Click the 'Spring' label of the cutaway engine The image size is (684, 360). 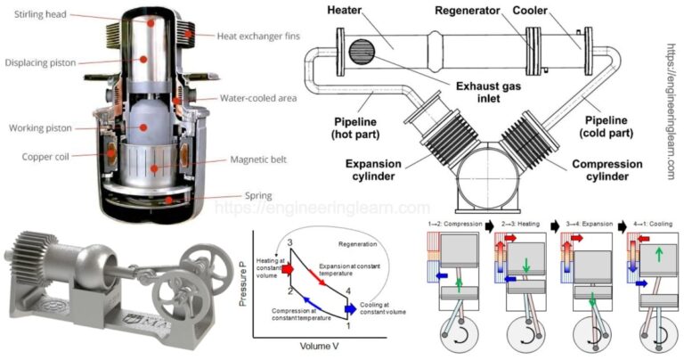pyautogui.click(x=234, y=195)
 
